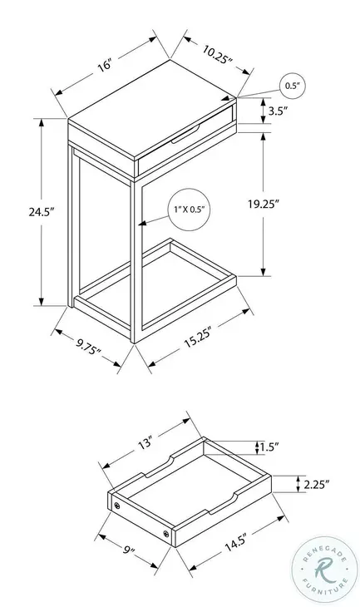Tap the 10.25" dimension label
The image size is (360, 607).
click(x=216, y=55)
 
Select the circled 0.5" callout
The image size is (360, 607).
click(x=292, y=86)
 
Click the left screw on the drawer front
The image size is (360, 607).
click(x=117, y=502)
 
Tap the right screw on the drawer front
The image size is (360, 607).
click(x=167, y=533)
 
